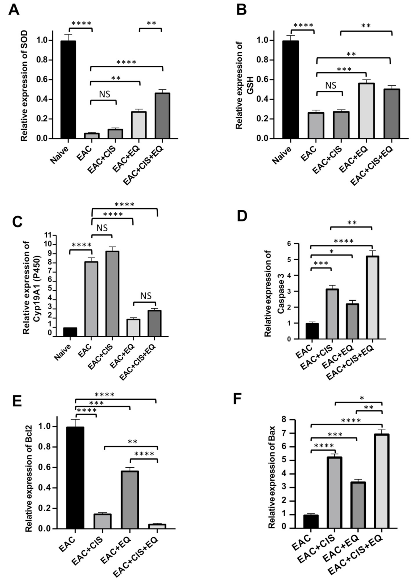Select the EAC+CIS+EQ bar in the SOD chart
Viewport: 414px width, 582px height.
point(162,116)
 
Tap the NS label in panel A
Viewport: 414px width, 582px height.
point(104,94)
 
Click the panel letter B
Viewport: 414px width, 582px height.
point(241,10)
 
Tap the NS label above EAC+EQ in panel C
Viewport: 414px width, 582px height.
point(145,296)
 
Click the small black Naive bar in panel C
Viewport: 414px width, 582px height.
point(70,332)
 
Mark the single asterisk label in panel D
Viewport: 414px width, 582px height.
point(331,251)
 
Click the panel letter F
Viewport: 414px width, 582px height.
point(237,398)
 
